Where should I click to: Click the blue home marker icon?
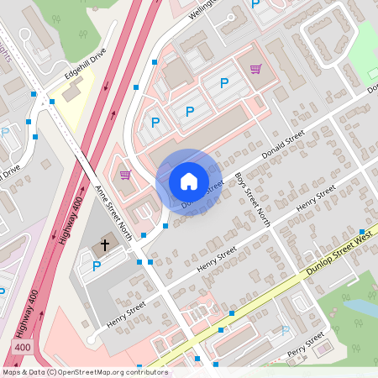pos(188,181)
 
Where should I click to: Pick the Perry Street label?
pos(305,344)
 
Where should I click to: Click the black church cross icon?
pos(105,245)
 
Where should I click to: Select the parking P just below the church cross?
pos(97,266)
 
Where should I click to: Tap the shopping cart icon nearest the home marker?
pos(125,175)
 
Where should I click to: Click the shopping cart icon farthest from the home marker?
pos(255,69)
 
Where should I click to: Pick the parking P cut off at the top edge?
pos(255,4)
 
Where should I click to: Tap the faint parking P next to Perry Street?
pos(285,331)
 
